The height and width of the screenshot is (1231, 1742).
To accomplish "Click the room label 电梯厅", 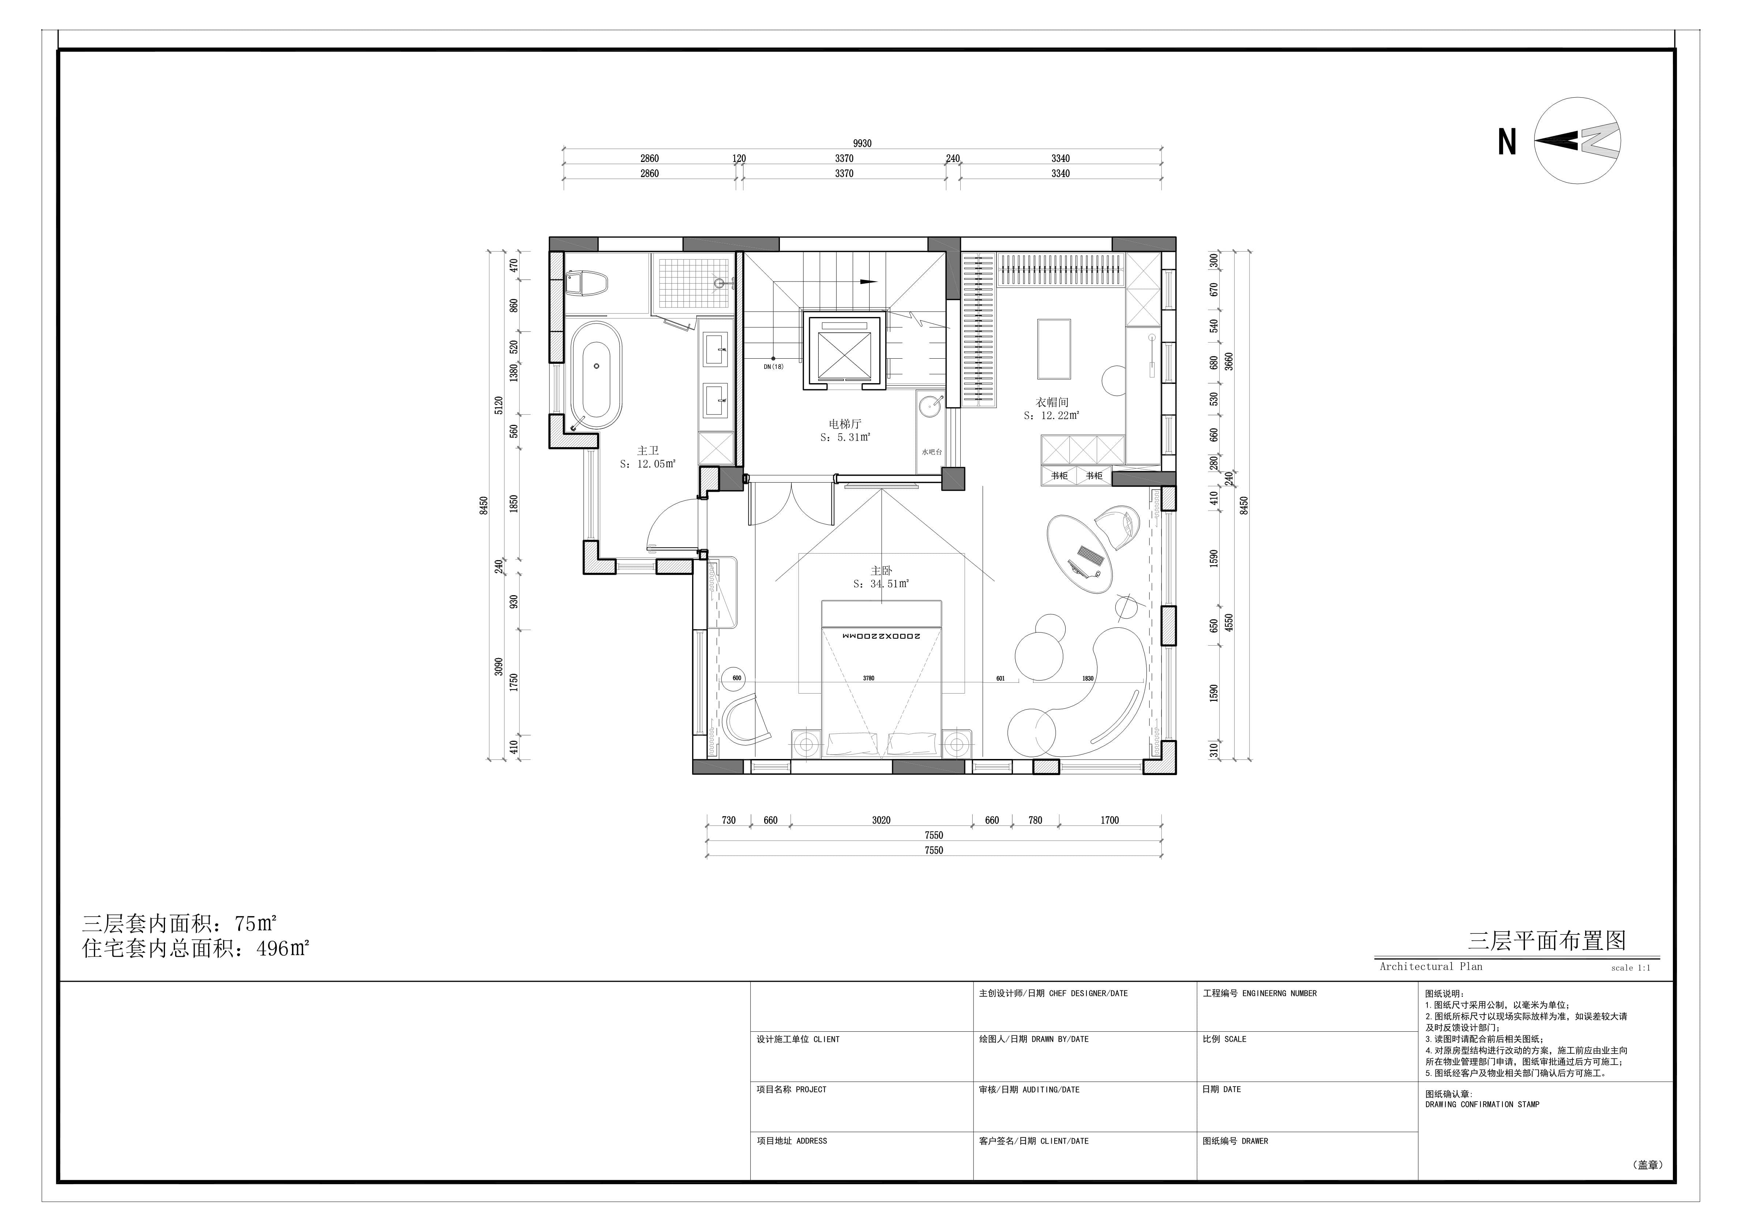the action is (x=844, y=424).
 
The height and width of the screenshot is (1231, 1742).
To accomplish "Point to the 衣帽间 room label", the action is (x=1052, y=402).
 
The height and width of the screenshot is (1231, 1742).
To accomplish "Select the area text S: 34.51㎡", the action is (x=881, y=584).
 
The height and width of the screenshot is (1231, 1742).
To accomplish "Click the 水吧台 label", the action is (x=932, y=452).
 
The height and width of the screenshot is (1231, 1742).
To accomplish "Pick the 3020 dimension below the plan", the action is (x=881, y=820).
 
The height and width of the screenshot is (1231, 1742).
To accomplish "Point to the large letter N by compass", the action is (x=1507, y=142).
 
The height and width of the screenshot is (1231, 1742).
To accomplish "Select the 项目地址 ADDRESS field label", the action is (x=791, y=1141).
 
